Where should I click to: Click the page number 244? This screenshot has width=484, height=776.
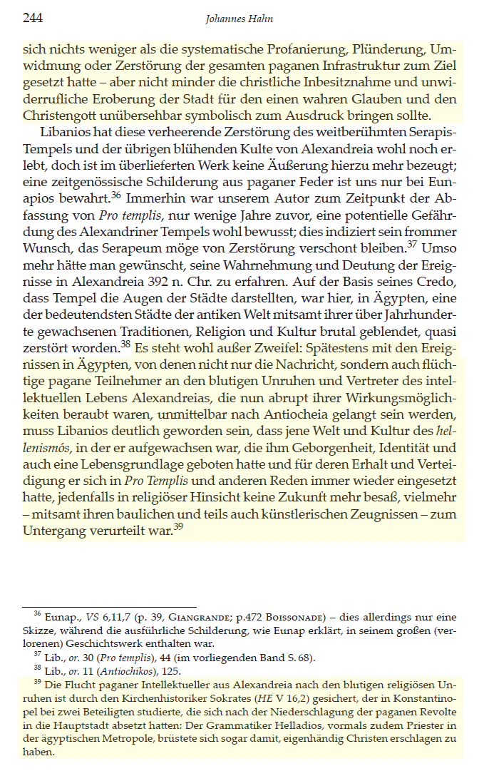coord(33,19)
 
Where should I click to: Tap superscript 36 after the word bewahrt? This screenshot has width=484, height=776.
coord(116,194)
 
